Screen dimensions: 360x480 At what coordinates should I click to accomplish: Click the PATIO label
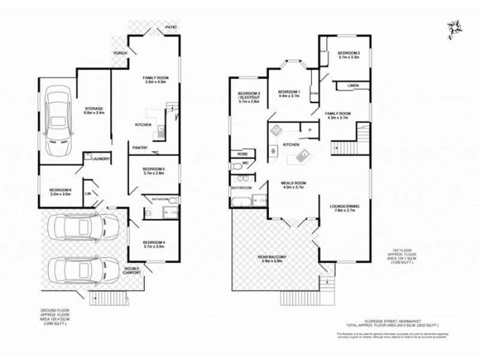tap(170, 28)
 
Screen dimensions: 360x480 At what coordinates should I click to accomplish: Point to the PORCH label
tap(121, 53)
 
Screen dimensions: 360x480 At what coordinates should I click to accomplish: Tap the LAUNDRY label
tap(100, 159)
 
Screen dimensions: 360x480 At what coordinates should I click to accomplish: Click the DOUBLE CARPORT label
tap(133, 271)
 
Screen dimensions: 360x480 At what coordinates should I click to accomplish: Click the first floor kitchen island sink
tap(301, 157)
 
